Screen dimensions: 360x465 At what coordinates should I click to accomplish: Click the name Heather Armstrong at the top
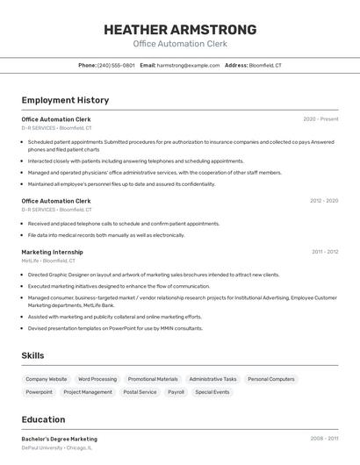(180, 30)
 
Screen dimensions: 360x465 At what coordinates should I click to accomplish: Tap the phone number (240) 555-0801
(116, 65)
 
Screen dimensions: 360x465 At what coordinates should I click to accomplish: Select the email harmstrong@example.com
(188, 65)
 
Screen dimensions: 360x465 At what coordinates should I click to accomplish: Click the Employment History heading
(65, 100)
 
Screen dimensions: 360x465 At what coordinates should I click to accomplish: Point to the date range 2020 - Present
(320, 118)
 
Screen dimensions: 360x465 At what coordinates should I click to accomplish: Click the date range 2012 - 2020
(323, 201)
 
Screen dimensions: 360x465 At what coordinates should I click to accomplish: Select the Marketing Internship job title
(52, 252)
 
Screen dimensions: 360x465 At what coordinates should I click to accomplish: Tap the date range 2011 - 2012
(324, 252)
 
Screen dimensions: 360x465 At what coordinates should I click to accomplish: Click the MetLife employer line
(48, 261)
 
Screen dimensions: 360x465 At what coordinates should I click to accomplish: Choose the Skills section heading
(33, 355)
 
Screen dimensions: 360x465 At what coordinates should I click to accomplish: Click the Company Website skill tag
(46, 379)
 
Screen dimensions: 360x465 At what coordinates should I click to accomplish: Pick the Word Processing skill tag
(97, 379)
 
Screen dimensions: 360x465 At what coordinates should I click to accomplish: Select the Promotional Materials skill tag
(153, 379)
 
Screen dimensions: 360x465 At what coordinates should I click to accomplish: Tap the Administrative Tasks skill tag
(212, 379)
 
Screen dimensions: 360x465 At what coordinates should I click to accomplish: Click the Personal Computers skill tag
(271, 379)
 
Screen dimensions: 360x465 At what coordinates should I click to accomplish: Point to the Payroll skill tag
(176, 392)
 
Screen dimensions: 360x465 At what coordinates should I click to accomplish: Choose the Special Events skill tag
(212, 392)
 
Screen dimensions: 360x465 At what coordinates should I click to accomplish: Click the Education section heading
(43, 419)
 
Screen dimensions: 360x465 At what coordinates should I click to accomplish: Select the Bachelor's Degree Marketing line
(60, 439)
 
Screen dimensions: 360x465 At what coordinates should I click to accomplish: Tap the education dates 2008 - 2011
(324, 439)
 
